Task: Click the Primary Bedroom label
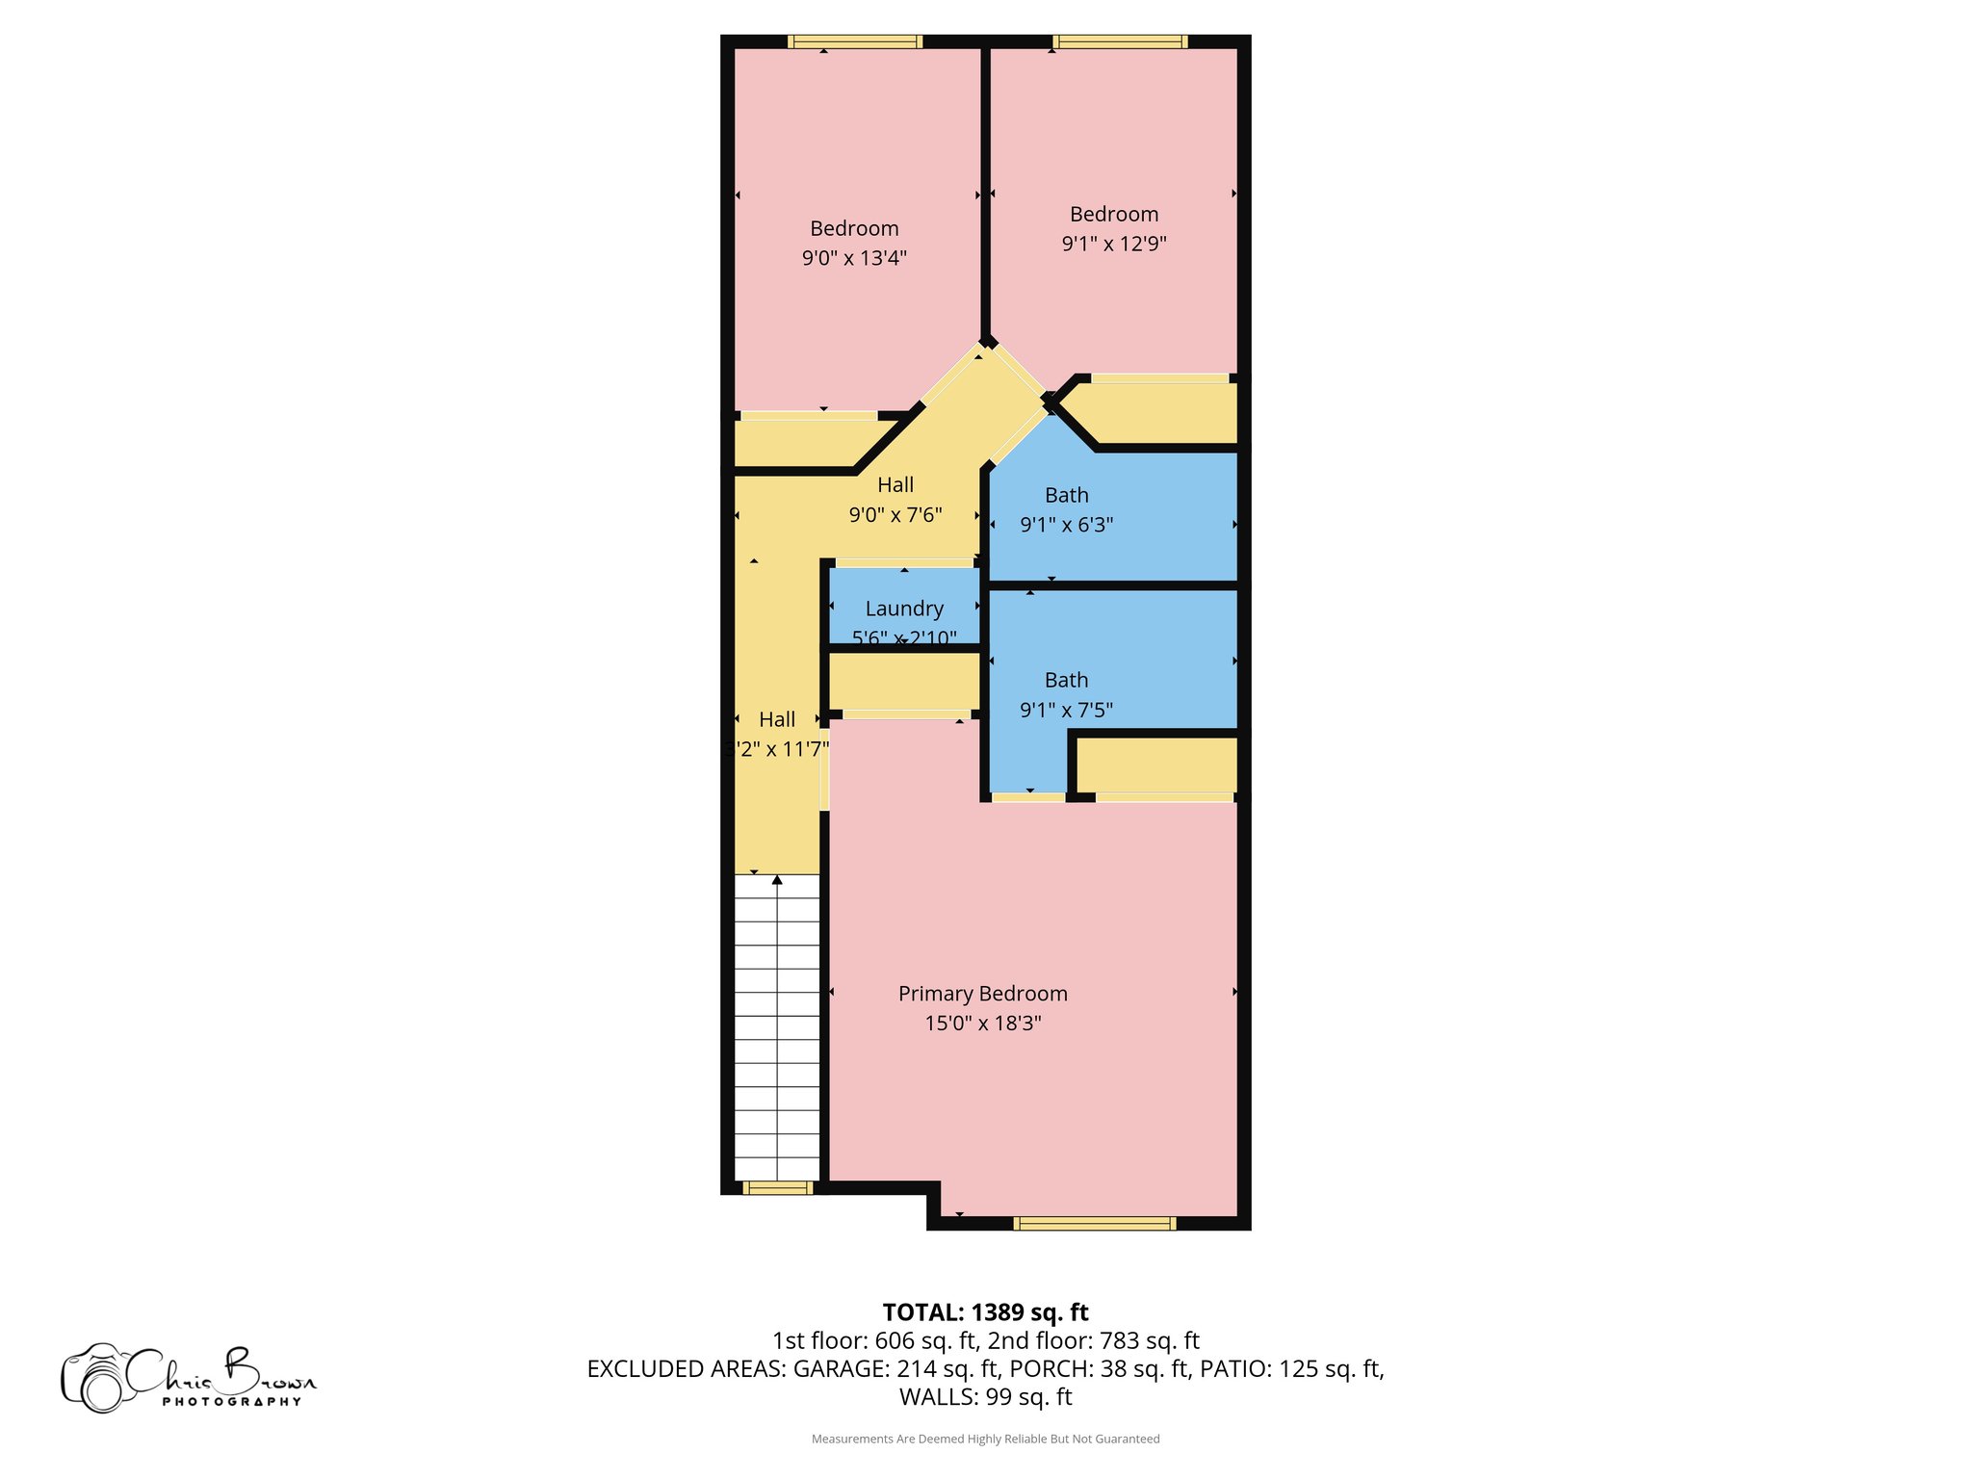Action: [x=982, y=994]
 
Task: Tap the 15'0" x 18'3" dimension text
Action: [x=982, y=1024]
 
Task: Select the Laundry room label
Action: [x=904, y=609]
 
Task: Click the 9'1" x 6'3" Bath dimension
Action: [x=1066, y=525]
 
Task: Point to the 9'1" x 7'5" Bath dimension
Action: [x=1066, y=710]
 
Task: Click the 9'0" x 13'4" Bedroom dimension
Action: [x=854, y=258]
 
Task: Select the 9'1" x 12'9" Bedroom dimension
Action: [x=1114, y=244]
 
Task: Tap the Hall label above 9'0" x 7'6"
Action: [x=895, y=485]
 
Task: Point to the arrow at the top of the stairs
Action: [x=777, y=880]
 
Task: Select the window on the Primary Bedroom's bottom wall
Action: [x=1094, y=1224]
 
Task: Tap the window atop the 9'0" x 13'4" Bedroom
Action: [x=854, y=41]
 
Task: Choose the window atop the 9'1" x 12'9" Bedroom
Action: [x=1119, y=41]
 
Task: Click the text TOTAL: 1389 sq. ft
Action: [x=985, y=1312]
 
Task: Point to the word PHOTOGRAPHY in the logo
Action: [x=231, y=1402]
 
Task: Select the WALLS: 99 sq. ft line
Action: [x=985, y=1397]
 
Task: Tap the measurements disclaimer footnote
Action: [x=985, y=1440]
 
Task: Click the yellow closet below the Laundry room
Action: [x=904, y=682]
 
